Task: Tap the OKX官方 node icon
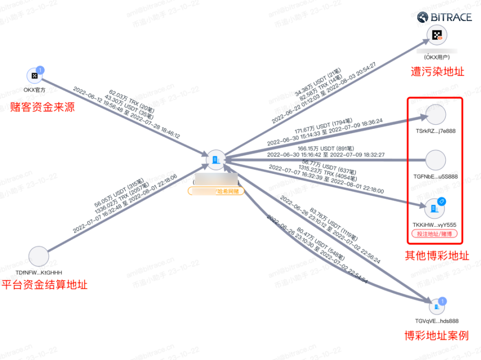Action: (34, 76)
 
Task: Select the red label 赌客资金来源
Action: (43, 106)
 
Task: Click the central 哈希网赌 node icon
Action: (215, 159)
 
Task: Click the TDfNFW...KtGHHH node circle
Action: (39, 257)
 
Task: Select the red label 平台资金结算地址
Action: (45, 285)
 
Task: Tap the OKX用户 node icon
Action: (437, 35)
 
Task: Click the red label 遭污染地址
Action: (437, 72)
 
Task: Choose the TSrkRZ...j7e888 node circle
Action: (436, 114)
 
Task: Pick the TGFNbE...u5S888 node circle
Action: (436, 160)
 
